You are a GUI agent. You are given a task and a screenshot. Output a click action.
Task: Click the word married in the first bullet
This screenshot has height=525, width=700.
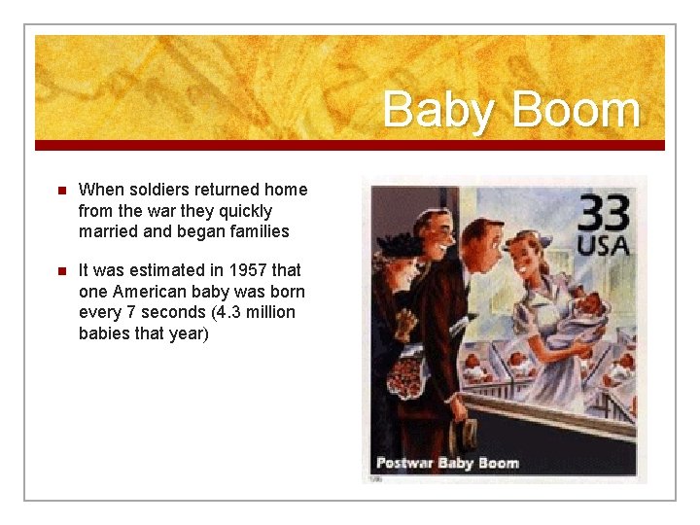pos(107,231)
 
